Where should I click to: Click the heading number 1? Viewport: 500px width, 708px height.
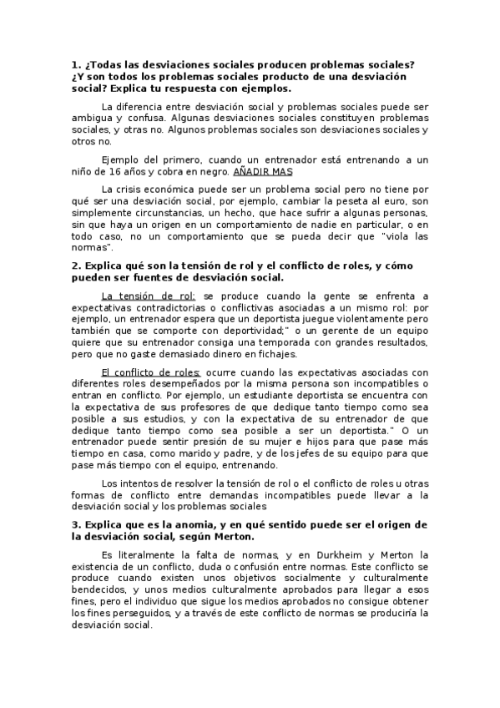click(75, 65)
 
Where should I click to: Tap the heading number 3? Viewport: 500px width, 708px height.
click(75, 524)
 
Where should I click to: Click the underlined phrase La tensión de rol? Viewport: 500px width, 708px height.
click(148, 296)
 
